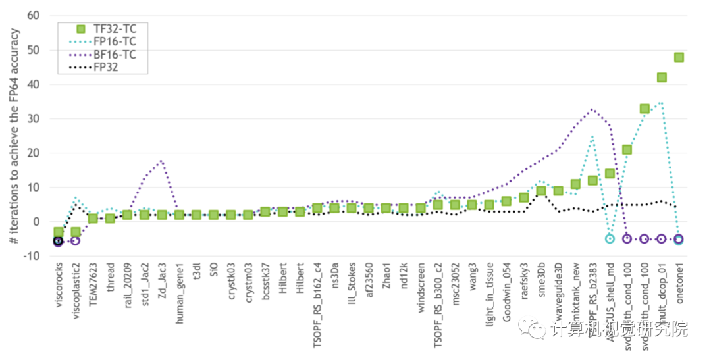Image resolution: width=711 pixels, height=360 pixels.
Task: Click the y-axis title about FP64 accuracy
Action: coord(14,136)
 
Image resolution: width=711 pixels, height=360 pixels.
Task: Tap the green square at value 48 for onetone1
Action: coord(679,57)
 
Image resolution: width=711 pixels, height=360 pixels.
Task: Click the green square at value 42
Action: coord(662,78)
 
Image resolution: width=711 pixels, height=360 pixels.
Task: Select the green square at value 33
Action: coord(645,109)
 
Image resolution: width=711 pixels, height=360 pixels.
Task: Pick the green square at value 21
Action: coord(627,149)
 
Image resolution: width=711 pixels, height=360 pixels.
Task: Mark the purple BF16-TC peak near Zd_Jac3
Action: coord(161,160)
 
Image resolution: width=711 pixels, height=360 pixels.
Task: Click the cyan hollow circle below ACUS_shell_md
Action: coord(610,238)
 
